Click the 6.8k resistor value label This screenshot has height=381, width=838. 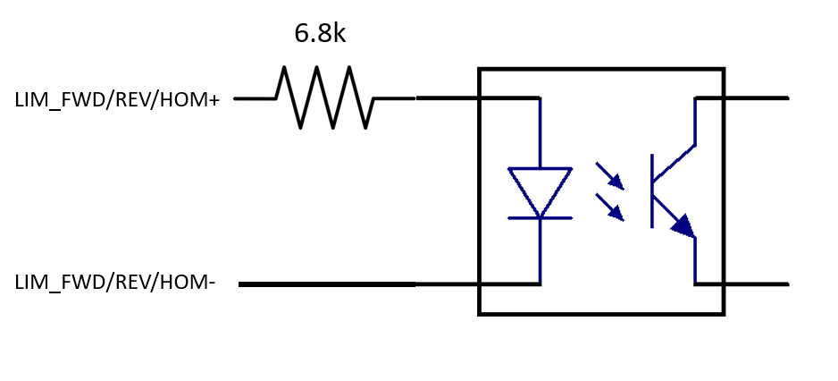pos(319,34)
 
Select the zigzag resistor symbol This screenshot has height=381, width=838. pos(324,97)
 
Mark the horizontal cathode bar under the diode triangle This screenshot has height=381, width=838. pos(540,217)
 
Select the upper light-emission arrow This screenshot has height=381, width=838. pos(609,176)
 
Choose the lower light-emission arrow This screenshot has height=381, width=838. pos(609,207)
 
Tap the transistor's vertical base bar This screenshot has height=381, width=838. pos(653,190)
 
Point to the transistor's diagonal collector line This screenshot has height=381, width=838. pos(675,163)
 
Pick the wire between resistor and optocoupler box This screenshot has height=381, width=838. pos(447,97)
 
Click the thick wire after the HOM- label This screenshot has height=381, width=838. pos(327,284)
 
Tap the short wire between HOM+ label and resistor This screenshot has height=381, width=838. pos(255,98)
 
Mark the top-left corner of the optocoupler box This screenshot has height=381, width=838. pos(480,70)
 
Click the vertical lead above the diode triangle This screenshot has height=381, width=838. pos(540,132)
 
